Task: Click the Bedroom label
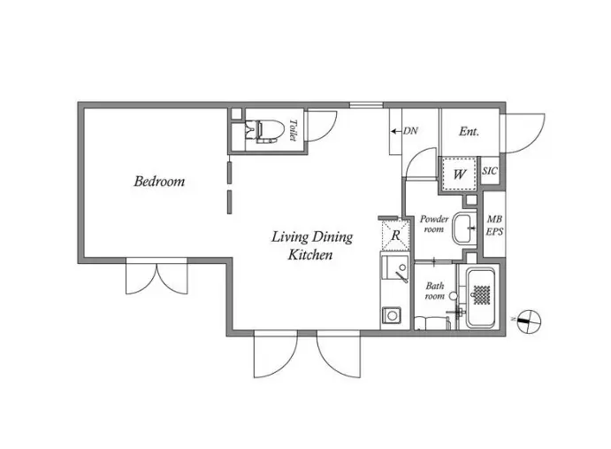click(x=159, y=182)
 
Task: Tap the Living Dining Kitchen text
click(x=312, y=245)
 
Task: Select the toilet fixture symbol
click(x=261, y=131)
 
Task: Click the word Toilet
click(x=293, y=130)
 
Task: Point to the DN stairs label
click(x=410, y=131)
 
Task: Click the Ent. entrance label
click(x=469, y=131)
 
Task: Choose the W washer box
click(x=460, y=174)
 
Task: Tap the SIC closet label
click(x=490, y=171)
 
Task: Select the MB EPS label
click(x=494, y=225)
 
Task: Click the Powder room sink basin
click(x=464, y=228)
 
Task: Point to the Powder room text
click(x=433, y=224)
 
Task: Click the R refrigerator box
click(x=395, y=235)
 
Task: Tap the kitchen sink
click(x=394, y=267)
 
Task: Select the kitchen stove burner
click(x=391, y=315)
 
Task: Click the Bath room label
click(x=434, y=290)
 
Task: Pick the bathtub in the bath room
click(x=481, y=298)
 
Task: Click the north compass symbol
click(x=529, y=321)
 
